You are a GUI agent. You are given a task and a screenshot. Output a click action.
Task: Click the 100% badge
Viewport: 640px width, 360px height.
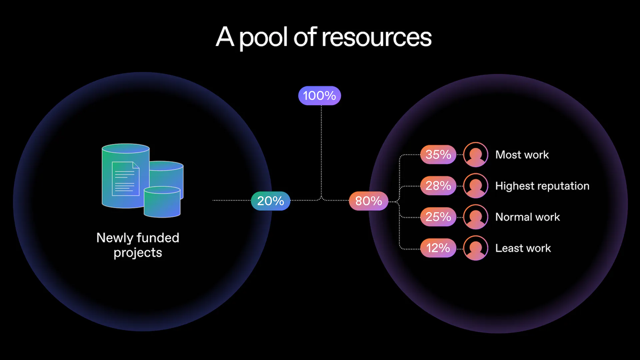(x=319, y=96)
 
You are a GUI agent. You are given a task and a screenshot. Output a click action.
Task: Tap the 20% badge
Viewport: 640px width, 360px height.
(x=270, y=201)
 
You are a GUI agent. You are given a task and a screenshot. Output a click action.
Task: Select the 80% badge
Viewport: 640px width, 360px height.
(x=368, y=201)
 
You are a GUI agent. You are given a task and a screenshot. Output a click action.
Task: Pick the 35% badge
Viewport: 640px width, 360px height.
(x=438, y=155)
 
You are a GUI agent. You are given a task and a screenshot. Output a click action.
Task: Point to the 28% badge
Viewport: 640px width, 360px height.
(x=438, y=186)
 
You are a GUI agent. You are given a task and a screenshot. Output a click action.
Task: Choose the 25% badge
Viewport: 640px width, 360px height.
(x=438, y=217)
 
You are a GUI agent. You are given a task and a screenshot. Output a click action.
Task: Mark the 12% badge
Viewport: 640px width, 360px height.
(x=438, y=248)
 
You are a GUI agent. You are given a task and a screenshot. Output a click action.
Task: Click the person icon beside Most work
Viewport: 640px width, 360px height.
(x=475, y=155)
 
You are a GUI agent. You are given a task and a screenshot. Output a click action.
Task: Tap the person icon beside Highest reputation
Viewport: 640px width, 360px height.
(x=475, y=186)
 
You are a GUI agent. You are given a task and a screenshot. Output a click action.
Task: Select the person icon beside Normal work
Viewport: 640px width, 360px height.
(x=475, y=217)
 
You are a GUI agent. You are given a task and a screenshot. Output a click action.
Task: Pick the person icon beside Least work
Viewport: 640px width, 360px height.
(x=475, y=248)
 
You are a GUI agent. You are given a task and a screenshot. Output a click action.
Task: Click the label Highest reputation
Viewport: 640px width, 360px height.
(x=542, y=186)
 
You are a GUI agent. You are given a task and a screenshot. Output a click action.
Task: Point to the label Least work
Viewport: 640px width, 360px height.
(x=523, y=248)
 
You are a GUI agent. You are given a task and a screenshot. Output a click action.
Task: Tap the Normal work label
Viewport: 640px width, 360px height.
(x=527, y=217)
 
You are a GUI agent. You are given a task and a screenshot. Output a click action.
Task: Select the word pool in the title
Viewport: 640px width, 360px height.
(x=263, y=37)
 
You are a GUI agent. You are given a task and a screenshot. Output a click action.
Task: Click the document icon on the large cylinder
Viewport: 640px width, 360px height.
(x=125, y=179)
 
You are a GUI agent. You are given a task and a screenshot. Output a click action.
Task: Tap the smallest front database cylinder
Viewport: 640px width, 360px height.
(x=162, y=202)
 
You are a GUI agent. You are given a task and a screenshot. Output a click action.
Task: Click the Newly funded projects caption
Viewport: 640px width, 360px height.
(x=138, y=245)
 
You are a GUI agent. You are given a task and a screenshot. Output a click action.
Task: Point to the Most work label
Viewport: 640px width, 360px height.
(x=522, y=155)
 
